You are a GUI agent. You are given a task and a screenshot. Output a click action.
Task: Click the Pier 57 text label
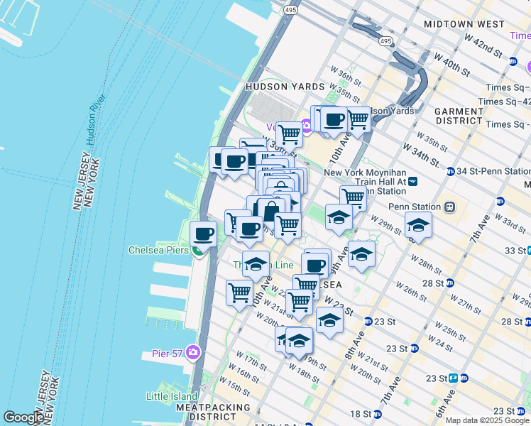pos(168,353)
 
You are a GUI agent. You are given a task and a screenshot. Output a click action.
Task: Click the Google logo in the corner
pos(23,417)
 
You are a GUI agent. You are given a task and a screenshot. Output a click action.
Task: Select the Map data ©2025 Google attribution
pos(487,420)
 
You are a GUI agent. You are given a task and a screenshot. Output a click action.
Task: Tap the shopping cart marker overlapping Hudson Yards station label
pos(358,119)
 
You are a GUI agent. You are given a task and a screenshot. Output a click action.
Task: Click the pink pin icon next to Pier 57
pos(194,353)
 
